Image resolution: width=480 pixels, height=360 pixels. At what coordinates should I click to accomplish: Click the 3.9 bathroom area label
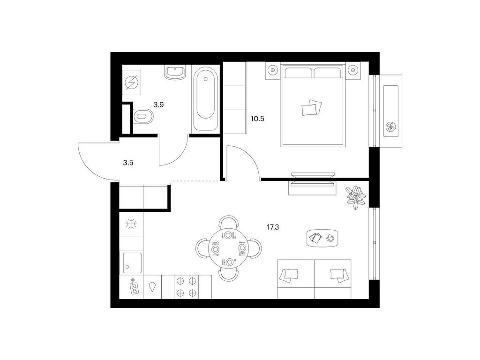click(158, 105)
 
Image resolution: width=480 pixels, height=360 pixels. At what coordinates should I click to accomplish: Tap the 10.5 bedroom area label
click(257, 119)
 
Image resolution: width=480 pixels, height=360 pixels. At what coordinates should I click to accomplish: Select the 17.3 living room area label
click(273, 227)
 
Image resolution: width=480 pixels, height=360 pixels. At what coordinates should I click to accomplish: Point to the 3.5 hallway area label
click(128, 163)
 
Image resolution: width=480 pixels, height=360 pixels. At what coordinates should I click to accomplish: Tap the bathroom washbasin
click(175, 73)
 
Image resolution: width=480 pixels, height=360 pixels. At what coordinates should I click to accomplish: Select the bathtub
click(205, 99)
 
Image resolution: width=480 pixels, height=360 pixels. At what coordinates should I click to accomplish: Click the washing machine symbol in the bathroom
click(132, 82)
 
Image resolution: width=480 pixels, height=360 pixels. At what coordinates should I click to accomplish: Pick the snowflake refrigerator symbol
click(131, 225)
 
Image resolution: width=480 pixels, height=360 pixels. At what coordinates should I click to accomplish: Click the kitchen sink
click(133, 262)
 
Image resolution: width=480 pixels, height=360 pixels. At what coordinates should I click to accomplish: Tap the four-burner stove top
click(187, 287)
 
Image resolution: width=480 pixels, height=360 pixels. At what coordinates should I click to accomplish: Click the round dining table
click(229, 248)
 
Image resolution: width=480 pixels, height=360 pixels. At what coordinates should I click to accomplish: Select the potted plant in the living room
click(355, 197)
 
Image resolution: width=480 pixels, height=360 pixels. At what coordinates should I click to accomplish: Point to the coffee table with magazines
click(322, 238)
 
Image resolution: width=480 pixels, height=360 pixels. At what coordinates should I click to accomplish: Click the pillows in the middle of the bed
click(312, 107)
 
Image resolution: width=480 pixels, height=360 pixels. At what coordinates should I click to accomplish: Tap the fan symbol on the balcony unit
click(390, 127)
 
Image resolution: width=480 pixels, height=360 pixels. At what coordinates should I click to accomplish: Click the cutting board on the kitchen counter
click(134, 286)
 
